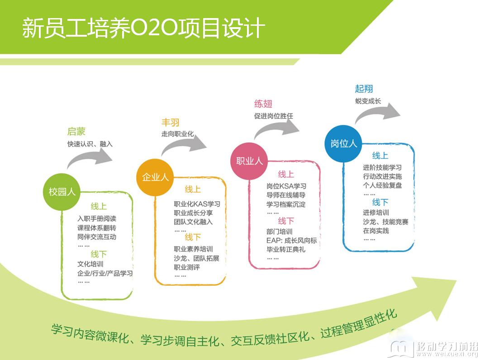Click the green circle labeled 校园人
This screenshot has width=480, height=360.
(x=62, y=192)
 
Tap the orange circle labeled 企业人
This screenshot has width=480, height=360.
(x=155, y=177)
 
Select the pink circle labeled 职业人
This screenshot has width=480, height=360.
(x=249, y=161)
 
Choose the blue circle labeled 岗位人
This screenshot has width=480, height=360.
(x=343, y=143)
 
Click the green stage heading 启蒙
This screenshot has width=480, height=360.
(x=76, y=132)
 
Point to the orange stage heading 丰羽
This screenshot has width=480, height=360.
(x=170, y=123)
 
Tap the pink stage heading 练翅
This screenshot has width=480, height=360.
(x=263, y=104)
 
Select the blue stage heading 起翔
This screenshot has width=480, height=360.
(x=364, y=89)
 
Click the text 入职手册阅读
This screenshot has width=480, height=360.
(x=97, y=218)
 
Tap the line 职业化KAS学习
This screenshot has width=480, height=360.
(x=197, y=204)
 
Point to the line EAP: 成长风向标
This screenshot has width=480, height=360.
(x=291, y=241)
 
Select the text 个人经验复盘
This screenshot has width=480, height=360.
(x=382, y=185)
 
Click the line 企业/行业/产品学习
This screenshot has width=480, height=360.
(x=105, y=273)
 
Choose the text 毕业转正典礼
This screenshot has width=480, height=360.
(x=286, y=250)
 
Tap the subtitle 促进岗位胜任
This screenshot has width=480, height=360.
(x=273, y=116)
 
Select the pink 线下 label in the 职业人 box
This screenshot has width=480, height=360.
(x=286, y=221)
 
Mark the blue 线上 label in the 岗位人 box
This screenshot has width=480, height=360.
(x=380, y=156)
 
